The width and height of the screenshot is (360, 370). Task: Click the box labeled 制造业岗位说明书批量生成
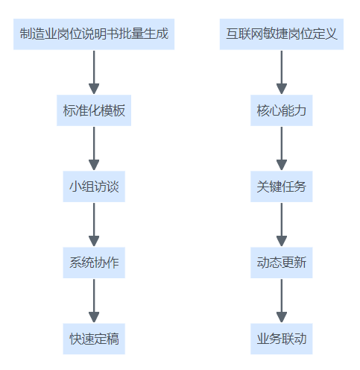coord(94,34)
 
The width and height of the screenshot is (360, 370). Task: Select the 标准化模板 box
coord(94,110)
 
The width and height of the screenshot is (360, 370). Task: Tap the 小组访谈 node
coord(94,186)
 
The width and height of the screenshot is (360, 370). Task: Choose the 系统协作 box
coord(94,263)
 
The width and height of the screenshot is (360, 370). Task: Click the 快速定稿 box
coord(94,339)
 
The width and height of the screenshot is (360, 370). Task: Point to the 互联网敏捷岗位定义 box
coord(282,34)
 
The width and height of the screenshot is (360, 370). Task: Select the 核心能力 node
coord(282,110)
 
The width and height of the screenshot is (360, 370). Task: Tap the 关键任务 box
coord(282,186)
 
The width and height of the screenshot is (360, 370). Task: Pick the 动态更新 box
coord(282,263)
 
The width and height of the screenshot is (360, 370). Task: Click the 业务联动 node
coord(282,339)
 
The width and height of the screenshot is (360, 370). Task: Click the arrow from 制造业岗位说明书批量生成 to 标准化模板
coord(94,72)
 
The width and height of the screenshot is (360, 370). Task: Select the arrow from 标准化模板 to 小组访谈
coord(94,148)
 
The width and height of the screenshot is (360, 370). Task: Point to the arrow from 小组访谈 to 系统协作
coord(94,225)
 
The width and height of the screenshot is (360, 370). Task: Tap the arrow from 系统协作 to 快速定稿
coord(94,301)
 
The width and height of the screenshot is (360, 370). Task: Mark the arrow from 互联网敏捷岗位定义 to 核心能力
coord(282,72)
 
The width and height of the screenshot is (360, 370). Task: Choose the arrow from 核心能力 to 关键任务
coord(282,148)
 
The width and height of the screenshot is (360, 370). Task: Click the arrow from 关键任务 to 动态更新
coord(282,225)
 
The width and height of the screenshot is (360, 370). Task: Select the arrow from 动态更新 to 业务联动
coord(282,301)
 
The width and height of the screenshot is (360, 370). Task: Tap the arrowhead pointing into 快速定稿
coord(94,317)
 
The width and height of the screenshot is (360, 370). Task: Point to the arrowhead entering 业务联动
coord(282,317)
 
